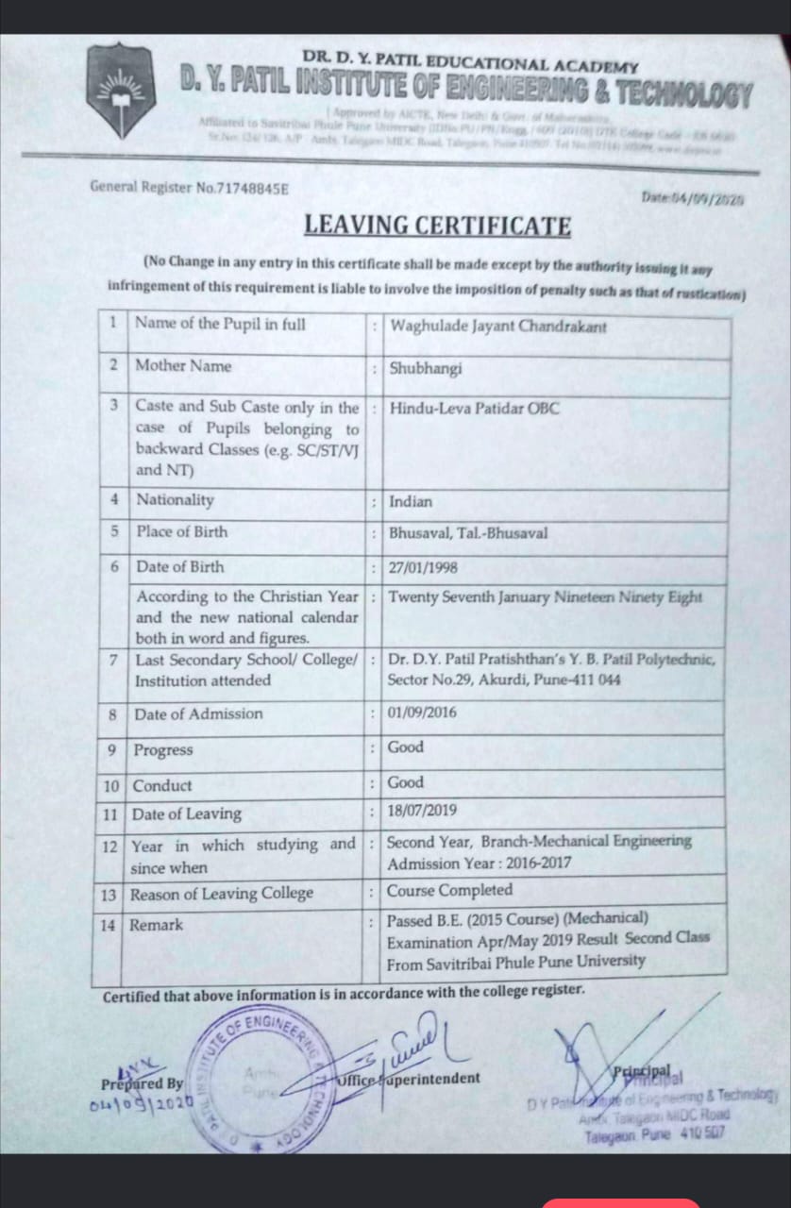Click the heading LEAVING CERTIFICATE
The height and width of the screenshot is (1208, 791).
tap(437, 226)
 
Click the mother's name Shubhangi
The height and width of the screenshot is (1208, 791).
tap(426, 368)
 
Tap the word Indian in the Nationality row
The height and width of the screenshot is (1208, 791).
tap(411, 501)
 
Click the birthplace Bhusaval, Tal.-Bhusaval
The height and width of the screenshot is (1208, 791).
tap(468, 533)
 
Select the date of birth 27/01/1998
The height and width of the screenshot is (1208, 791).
tap(423, 568)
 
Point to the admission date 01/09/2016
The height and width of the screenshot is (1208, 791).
tap(422, 713)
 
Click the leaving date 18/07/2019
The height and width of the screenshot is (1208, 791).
tap(422, 811)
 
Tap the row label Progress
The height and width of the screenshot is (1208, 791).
tap(162, 750)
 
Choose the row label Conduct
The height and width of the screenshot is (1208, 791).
tap(162, 785)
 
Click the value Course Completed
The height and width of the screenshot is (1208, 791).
tap(450, 890)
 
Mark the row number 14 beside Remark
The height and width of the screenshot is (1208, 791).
tap(109, 926)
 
